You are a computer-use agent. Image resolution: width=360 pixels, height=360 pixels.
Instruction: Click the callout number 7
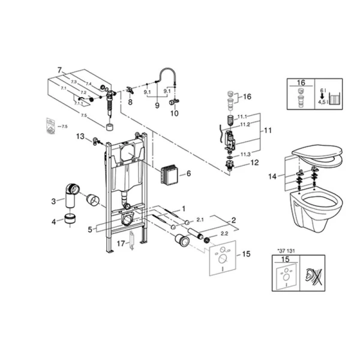pos(59,71)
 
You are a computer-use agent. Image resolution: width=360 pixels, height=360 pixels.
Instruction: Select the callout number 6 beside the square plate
pos(188,173)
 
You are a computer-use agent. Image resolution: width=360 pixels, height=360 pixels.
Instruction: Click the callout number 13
pos(80,137)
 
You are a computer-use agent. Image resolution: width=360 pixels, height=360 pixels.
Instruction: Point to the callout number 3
pos(53,201)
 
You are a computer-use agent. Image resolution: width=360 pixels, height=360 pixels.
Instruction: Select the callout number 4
pos(53,222)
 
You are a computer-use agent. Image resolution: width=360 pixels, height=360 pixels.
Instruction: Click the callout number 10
pos(175,112)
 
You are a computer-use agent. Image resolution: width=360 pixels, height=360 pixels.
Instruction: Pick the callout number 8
pos(130,103)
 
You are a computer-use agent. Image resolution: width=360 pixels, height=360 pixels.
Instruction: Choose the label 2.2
pos(224,232)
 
